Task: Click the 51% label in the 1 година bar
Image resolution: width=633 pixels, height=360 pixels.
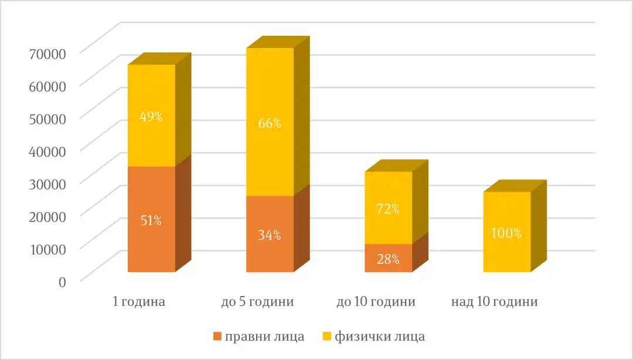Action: [151, 220]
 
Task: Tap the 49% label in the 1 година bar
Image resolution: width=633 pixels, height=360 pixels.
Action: [151, 116]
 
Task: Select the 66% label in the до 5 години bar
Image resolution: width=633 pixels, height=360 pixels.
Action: [269, 123]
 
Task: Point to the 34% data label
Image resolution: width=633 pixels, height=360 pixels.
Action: [269, 235]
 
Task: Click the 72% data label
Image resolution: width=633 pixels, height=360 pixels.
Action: [387, 209]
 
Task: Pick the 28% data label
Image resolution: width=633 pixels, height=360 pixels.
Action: [387, 259]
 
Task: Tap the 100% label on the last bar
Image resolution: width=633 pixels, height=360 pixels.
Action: [506, 233]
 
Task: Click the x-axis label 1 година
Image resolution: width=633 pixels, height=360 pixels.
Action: [139, 303]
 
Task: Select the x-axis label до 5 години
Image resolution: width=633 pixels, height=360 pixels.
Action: [257, 303]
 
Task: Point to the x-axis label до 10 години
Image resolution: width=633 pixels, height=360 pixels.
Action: [376, 303]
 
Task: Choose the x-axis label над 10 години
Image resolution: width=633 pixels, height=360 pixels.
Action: [495, 303]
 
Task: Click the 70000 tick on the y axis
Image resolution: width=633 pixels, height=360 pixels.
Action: [47, 53]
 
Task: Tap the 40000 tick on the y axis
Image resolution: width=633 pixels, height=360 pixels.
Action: [47, 150]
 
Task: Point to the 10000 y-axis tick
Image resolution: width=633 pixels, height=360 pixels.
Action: [47, 248]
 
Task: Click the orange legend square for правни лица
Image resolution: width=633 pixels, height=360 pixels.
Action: [217, 337]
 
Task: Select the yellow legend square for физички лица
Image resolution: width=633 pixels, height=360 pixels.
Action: [326, 337]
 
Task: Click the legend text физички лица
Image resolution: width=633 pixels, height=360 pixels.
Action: [379, 337]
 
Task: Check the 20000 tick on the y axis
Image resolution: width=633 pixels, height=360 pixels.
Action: [47, 215]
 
